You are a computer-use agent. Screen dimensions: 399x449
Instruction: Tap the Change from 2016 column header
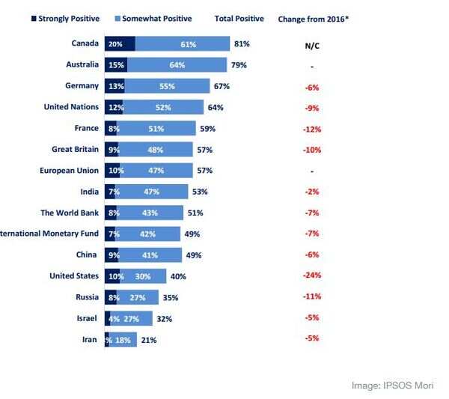pyautogui.click(x=313, y=18)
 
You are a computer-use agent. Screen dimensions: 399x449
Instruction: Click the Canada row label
pyautogui.click(x=85, y=44)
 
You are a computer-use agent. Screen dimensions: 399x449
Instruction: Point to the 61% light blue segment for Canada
pyautogui.click(x=187, y=44)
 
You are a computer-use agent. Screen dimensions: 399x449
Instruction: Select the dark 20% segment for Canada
pyautogui.click(x=118, y=44)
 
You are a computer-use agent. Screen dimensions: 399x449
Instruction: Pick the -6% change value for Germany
pyautogui.click(x=312, y=87)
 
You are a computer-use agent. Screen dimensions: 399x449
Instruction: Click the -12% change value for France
pyautogui.click(x=312, y=129)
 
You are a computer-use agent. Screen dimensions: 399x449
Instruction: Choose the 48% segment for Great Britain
pyautogui.click(x=156, y=150)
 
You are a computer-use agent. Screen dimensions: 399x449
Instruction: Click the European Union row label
pyautogui.click(x=69, y=171)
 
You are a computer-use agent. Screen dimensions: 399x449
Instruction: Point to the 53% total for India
pyautogui.click(x=200, y=192)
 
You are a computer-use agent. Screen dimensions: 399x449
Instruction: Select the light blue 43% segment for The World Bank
pyautogui.click(x=150, y=213)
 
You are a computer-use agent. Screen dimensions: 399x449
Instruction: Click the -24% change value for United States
pyautogui.click(x=312, y=276)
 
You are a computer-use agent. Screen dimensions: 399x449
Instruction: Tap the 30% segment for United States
pyautogui.click(x=143, y=276)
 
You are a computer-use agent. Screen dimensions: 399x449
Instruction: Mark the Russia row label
pyautogui.click(x=86, y=297)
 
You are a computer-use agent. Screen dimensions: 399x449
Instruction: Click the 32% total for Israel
pyautogui.click(x=165, y=319)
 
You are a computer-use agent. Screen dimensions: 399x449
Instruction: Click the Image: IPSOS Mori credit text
pyautogui.click(x=392, y=386)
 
